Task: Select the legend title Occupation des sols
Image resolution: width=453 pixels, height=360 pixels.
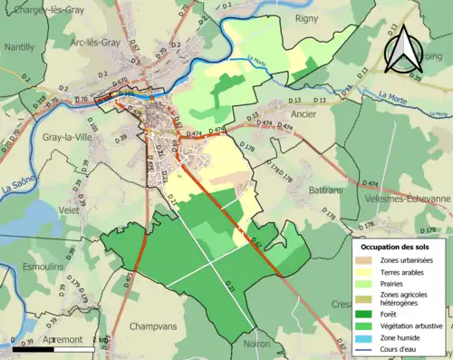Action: tap(396, 246)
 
